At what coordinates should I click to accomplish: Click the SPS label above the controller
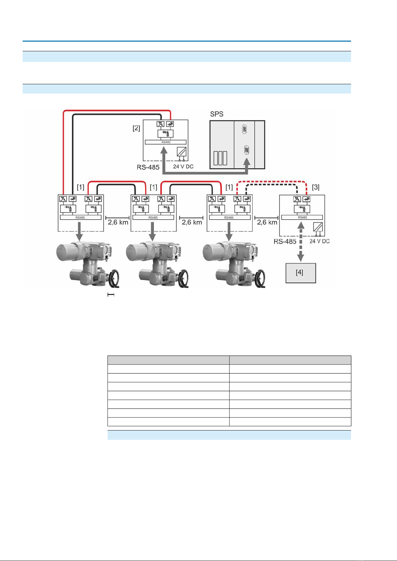pos(216,114)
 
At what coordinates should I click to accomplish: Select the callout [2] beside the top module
pos(136,128)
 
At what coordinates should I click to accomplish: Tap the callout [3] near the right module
pos(315,187)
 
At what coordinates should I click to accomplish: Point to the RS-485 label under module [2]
pos(148,167)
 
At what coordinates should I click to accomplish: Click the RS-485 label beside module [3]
pos(285,241)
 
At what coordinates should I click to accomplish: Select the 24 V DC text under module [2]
pos(183,166)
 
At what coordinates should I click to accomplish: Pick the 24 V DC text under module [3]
pos(319,241)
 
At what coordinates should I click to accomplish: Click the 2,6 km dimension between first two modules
pos(118,222)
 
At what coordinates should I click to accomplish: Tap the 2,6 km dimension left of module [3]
pos(267,222)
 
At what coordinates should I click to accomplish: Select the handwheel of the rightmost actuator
pos(260,278)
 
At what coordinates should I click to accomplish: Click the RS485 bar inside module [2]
pos(166,142)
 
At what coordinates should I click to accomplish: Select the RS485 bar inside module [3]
pos(302,217)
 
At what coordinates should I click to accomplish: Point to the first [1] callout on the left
pos(81,187)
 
